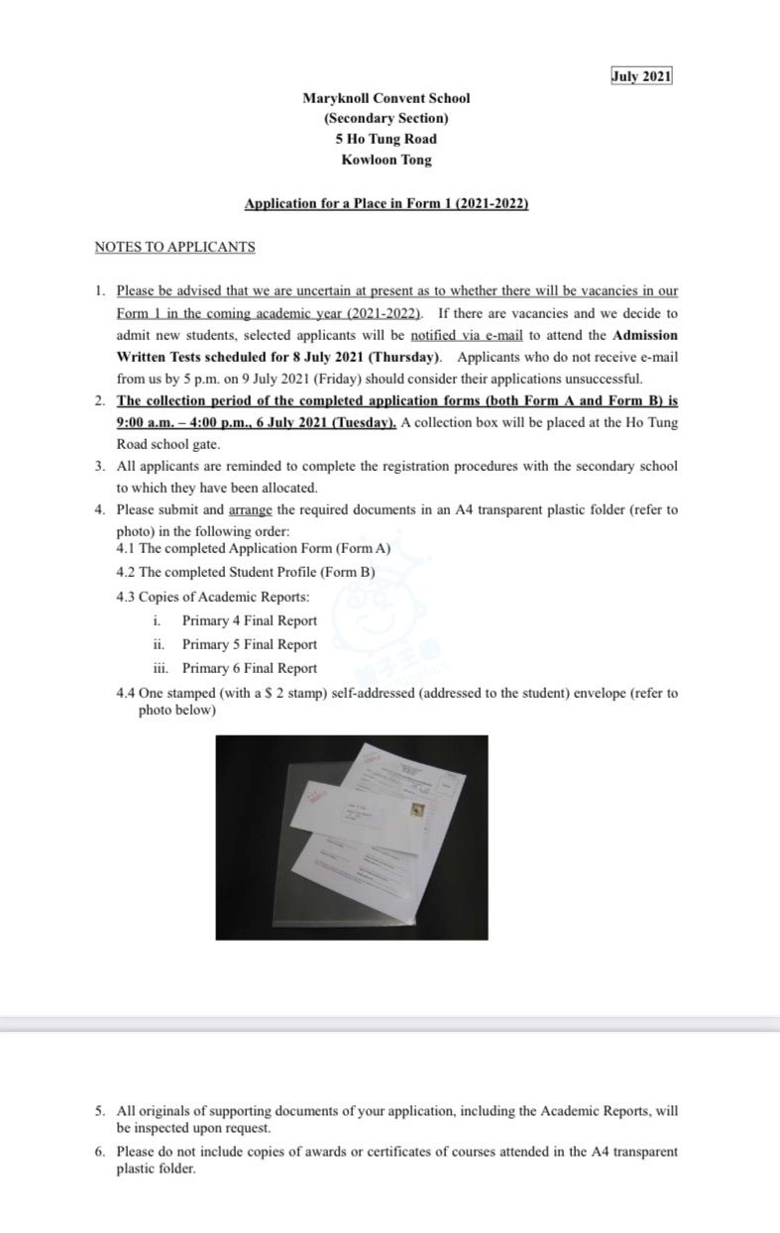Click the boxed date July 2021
click(x=641, y=77)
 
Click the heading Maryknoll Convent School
click(x=387, y=98)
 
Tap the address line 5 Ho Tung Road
click(x=386, y=139)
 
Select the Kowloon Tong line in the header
click(x=386, y=160)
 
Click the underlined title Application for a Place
click(x=386, y=203)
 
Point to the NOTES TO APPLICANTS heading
click(x=174, y=247)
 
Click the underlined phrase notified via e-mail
click(x=466, y=335)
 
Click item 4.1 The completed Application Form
click(x=254, y=548)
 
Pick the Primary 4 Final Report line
click(x=249, y=620)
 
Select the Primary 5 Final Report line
click(x=249, y=644)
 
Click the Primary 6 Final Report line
click(x=249, y=668)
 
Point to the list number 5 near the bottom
click(x=100, y=1112)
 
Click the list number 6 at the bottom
click(x=100, y=1152)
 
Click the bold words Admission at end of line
click(x=645, y=335)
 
